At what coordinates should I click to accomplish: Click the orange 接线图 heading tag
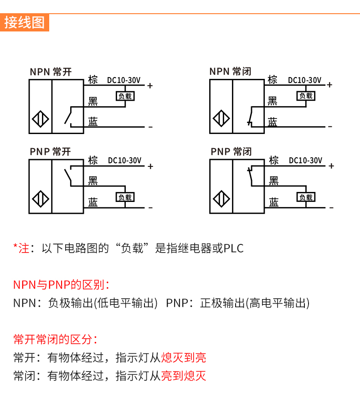pos(25,22)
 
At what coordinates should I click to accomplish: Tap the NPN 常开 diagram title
pos(51,72)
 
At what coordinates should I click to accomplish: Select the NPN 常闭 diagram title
pos(230,72)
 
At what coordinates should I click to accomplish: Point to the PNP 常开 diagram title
pos(51,152)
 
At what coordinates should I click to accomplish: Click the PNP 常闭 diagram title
pos(231,152)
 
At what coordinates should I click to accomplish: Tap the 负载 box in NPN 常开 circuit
pos(125,96)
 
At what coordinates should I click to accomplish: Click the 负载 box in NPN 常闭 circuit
pos(306,96)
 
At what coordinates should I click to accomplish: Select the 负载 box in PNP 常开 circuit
pos(125,197)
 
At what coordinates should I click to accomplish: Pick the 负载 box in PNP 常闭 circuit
pos(306,197)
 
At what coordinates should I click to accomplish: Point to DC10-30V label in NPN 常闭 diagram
pos(304,80)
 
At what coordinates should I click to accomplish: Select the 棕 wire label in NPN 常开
pos(93,79)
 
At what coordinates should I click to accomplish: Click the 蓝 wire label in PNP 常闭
pos(273,202)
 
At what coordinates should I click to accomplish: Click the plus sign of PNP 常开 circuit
pos(150,166)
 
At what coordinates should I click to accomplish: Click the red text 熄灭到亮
pos(184,357)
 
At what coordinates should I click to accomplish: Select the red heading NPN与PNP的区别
pos(61,285)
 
